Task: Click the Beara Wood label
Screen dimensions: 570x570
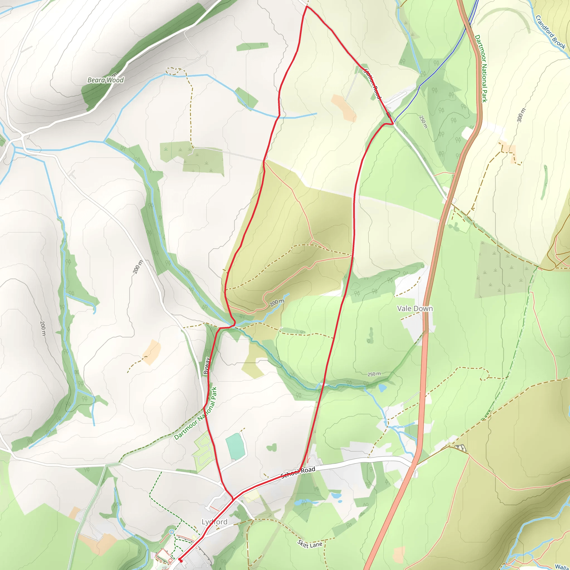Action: (x=105, y=80)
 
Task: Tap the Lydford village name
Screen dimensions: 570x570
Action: (x=215, y=522)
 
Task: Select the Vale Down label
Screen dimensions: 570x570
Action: (x=415, y=309)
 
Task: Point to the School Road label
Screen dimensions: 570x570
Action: (x=298, y=472)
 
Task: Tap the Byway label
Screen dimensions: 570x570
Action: (x=207, y=365)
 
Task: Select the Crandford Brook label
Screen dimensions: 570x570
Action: (x=550, y=33)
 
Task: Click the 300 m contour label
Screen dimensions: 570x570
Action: (x=521, y=115)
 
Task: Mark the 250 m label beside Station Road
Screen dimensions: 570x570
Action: (x=423, y=122)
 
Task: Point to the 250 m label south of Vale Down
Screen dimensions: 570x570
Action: (x=374, y=374)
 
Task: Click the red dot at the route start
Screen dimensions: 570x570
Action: (x=180, y=560)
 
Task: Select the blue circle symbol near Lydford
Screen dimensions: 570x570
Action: (x=172, y=532)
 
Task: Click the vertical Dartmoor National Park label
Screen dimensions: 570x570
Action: (x=481, y=68)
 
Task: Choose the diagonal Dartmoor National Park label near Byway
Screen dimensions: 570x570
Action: (x=196, y=414)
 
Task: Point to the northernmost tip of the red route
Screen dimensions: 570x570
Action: (x=306, y=6)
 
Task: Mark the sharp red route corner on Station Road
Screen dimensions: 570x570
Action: (x=393, y=124)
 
